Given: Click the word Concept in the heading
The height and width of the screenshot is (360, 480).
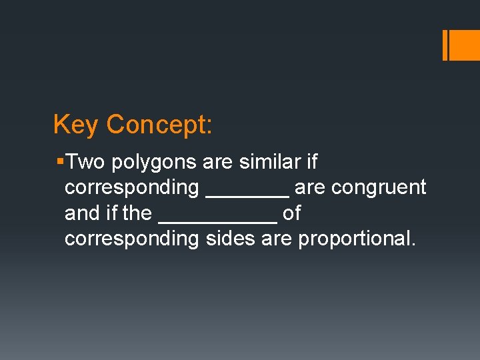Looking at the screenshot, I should point(159,125).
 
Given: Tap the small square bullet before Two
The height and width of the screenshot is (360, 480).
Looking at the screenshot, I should point(61,162).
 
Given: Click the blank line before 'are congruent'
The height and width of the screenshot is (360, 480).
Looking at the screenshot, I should point(247,195).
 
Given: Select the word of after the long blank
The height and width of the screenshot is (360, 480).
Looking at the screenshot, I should point(292,213).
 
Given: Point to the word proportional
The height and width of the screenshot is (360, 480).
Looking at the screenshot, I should point(357,239).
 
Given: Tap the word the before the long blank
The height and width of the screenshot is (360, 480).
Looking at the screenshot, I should point(137,213).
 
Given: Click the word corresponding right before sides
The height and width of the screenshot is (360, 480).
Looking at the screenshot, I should point(131,239).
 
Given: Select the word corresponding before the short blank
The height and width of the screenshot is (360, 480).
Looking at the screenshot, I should point(131,189).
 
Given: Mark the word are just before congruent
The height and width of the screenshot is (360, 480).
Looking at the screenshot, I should point(310,189).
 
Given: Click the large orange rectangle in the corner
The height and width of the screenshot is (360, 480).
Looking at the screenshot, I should point(465,45).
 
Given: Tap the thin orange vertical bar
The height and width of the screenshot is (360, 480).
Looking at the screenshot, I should point(445,45).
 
